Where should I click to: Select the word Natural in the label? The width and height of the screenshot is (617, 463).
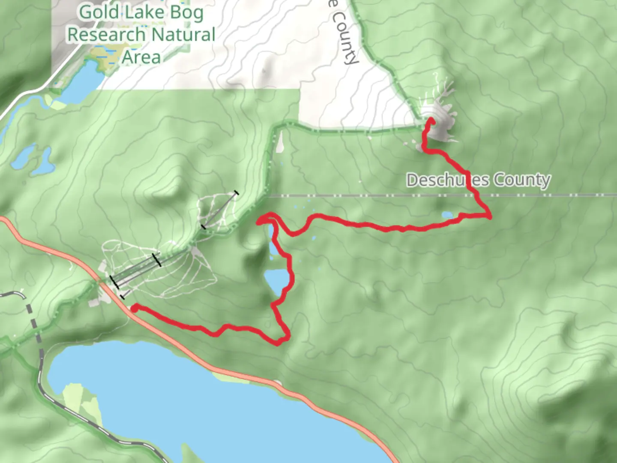[x=183, y=35]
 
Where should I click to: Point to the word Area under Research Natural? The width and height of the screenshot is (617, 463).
[x=141, y=57]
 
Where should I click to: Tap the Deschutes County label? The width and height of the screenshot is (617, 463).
[x=478, y=180]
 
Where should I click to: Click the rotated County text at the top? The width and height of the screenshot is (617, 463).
[x=345, y=39]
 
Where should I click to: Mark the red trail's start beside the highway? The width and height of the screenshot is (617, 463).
[x=134, y=308]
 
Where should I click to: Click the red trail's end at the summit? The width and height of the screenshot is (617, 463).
[x=431, y=121]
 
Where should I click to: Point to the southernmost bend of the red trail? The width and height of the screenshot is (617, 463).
[x=279, y=343]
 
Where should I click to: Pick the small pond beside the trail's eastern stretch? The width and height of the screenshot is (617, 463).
[x=447, y=215]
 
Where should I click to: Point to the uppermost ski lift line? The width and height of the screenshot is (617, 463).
[x=219, y=210]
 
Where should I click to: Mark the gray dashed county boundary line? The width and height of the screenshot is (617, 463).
[x=386, y=196]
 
